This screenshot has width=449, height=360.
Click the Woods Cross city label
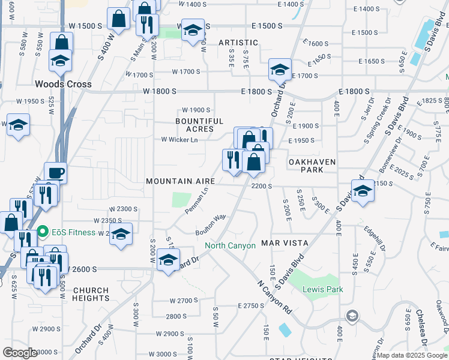coord(63,84)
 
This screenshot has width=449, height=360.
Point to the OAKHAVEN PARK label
coord(315,166)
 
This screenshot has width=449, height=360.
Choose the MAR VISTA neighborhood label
coord(285,244)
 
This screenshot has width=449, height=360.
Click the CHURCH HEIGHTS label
coord(91,293)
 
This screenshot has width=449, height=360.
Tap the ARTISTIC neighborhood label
coord(238,43)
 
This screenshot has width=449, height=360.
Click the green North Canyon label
coord(230,245)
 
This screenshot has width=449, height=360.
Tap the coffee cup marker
coord(55,173)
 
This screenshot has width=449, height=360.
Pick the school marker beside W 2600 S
coord(169,260)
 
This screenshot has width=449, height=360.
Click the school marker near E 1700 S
coord(280,71)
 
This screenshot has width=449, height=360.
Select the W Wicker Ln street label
coord(179,140)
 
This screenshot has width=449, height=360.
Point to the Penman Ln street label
coord(197,200)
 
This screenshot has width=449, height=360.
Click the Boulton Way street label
coord(210,224)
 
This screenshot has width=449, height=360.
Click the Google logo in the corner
coord(20,353)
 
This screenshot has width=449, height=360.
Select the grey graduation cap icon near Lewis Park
coord(352,316)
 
